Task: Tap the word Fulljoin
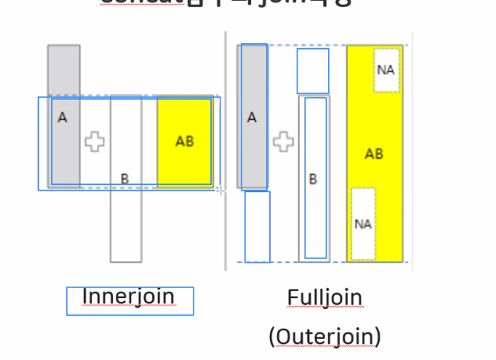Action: click(x=324, y=298)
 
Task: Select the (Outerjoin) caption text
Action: click(x=324, y=336)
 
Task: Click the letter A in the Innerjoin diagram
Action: click(x=63, y=118)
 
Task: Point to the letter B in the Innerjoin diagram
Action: click(x=125, y=179)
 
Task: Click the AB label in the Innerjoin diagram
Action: click(x=184, y=142)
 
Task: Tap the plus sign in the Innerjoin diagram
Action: click(x=95, y=142)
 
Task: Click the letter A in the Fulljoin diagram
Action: click(x=252, y=118)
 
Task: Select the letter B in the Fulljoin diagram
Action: click(x=313, y=179)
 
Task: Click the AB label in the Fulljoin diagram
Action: click(x=374, y=154)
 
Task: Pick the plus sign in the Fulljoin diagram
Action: click(x=283, y=142)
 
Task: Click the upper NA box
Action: click(x=385, y=70)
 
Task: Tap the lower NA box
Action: click(x=363, y=224)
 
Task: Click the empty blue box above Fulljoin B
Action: click(x=312, y=71)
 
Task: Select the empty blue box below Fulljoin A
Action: click(x=257, y=226)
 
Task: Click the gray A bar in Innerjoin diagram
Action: click(x=64, y=75)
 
